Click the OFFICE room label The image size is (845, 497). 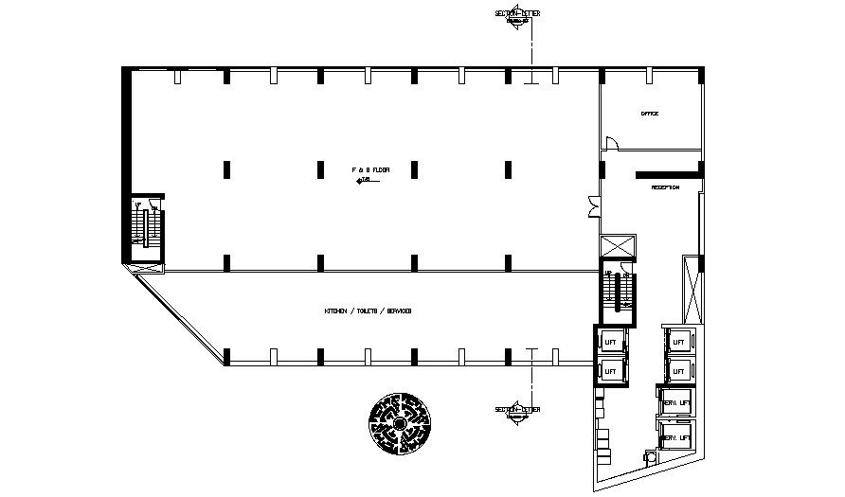650,114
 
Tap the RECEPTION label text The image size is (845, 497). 665,187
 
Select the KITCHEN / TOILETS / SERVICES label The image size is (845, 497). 368,311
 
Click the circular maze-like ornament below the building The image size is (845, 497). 401,423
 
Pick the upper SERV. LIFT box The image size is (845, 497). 676,402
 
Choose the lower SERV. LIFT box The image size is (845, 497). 676,437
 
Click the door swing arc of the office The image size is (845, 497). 613,143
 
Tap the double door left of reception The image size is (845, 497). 593,205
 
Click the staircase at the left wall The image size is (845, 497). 148,227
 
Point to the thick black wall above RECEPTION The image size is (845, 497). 669,174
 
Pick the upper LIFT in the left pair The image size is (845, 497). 610,342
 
